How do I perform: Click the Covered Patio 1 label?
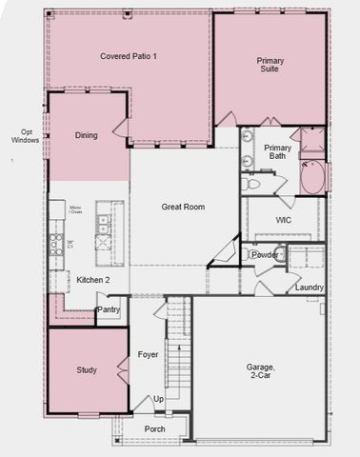pyautogui.click(x=129, y=57)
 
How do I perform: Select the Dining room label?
pyautogui.click(x=86, y=135)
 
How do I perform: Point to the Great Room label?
pyautogui.click(x=183, y=207)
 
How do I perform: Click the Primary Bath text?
pyautogui.click(x=277, y=152)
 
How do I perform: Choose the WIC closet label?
pyautogui.click(x=283, y=220)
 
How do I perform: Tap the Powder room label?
pyautogui.click(x=265, y=255)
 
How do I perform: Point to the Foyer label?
pyautogui.click(x=148, y=354)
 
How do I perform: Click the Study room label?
pyautogui.click(x=87, y=369)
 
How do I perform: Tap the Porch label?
pyautogui.click(x=153, y=429)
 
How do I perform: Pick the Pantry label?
pyautogui.click(x=109, y=309)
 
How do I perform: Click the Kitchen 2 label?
pyautogui.click(x=93, y=280)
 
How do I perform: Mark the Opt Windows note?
pyautogui.click(x=24, y=136)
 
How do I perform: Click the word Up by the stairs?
pyautogui.click(x=158, y=399)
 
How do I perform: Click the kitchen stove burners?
pyautogui.click(x=57, y=245)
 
